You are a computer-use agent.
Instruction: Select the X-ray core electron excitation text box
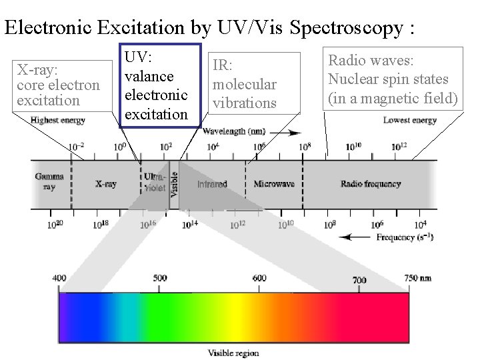coord(59,85)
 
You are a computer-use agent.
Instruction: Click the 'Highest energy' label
coord(57,120)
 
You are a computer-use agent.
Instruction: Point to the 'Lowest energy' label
coord(409,120)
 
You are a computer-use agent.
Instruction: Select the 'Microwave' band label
coord(274,183)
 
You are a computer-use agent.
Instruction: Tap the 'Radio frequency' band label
coord(370,183)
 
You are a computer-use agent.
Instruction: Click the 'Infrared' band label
coord(212,183)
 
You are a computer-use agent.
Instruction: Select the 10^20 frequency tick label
coord(55,225)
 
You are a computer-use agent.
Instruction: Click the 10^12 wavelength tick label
coord(399,146)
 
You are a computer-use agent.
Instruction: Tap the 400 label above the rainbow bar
coord(59,277)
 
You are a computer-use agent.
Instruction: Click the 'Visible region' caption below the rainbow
coord(233,353)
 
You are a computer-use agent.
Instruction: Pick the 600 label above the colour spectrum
coord(259,278)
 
